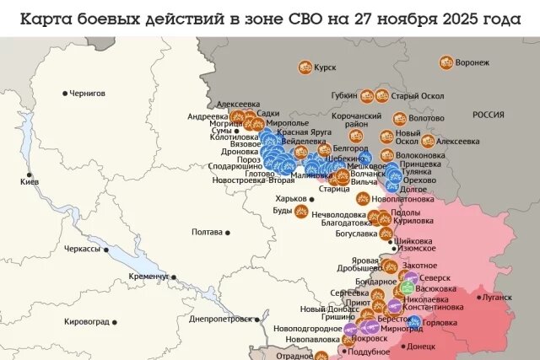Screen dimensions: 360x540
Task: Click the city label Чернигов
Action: [x=89, y=93]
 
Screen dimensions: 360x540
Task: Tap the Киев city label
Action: [x=30, y=181]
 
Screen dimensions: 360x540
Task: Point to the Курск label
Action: [x=325, y=67]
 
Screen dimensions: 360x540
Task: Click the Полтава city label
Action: [x=207, y=232]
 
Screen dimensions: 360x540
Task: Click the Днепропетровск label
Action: [x=220, y=320]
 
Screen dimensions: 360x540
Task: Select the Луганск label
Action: [x=496, y=298]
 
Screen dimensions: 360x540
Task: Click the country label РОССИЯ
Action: [x=488, y=115]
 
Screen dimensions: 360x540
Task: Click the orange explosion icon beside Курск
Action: [x=304, y=67]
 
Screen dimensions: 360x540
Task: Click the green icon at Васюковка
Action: [x=407, y=287]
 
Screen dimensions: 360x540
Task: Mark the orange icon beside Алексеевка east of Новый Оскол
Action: [x=428, y=142]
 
